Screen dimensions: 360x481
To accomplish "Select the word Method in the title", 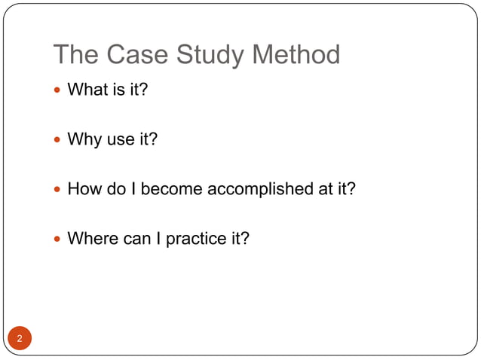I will tap(296, 55).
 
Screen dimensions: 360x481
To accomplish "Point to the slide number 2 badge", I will tap(20, 338).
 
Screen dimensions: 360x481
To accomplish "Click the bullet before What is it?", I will tap(58, 91).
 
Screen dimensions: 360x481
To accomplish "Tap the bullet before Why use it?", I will tap(58, 140).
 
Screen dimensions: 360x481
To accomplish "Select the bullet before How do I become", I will tap(58, 189).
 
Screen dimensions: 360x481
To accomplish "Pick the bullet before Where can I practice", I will tap(58, 239).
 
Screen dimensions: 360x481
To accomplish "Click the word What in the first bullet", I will tap(85, 91).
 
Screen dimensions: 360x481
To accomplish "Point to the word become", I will tap(171, 189).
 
